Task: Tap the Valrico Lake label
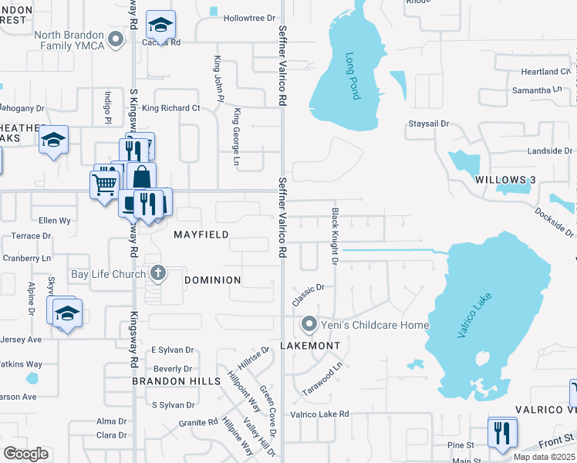(470, 316)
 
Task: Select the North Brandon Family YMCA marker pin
(116, 39)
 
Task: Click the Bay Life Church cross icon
(158, 273)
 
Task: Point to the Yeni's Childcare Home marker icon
(309, 325)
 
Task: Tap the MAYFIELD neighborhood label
(201, 234)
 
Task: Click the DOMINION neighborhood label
(212, 280)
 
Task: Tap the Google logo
(25, 453)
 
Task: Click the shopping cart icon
(104, 184)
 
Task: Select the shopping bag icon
(142, 177)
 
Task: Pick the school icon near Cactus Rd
(161, 25)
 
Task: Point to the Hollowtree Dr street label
(248, 18)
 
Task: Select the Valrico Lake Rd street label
(319, 414)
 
